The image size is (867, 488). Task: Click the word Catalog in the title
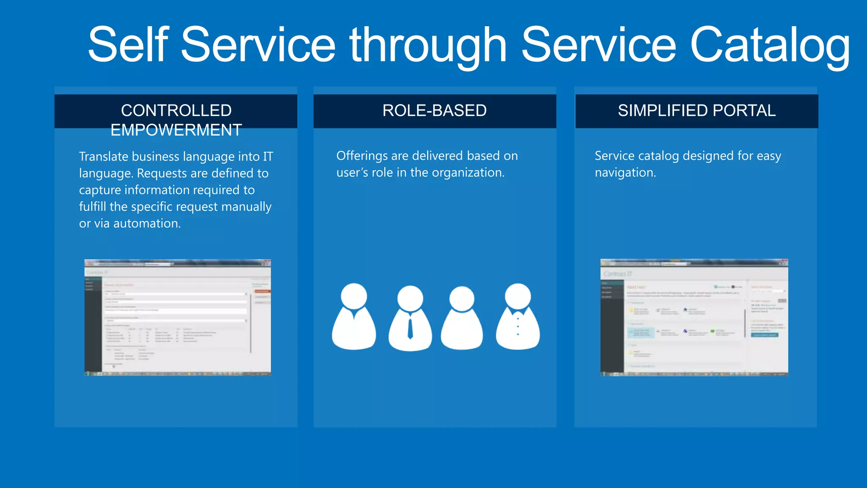click(770, 45)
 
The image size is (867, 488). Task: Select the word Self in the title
click(128, 45)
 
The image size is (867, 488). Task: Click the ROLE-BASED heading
click(434, 111)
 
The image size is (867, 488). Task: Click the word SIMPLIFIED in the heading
click(663, 111)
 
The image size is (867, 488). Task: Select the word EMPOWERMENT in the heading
click(176, 130)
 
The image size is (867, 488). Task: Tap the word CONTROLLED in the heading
click(176, 111)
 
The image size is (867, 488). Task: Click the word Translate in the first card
click(104, 157)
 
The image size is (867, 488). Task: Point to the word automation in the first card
click(146, 224)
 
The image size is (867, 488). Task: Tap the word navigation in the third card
click(625, 173)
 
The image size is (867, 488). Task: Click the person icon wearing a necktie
click(410, 318)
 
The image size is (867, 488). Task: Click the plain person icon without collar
click(462, 318)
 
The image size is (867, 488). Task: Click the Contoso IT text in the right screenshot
click(618, 274)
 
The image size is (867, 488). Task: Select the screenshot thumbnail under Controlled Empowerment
click(177, 318)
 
